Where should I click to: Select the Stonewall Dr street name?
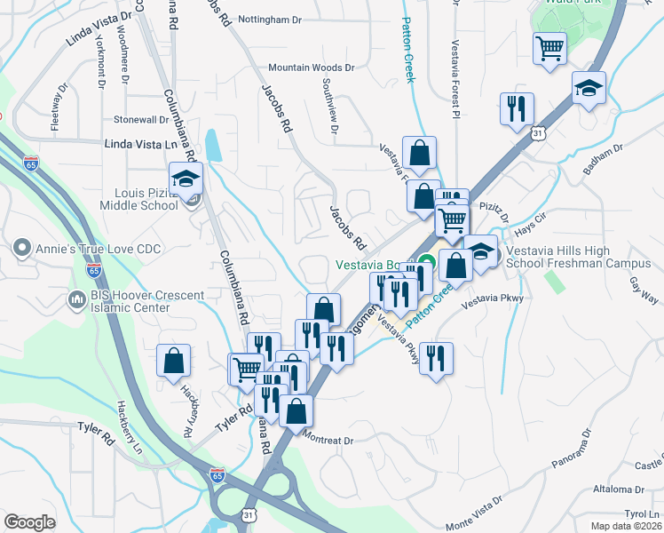141,119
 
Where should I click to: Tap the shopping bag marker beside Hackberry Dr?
174,361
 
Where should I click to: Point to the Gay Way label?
643,290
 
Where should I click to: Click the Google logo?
29,521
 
